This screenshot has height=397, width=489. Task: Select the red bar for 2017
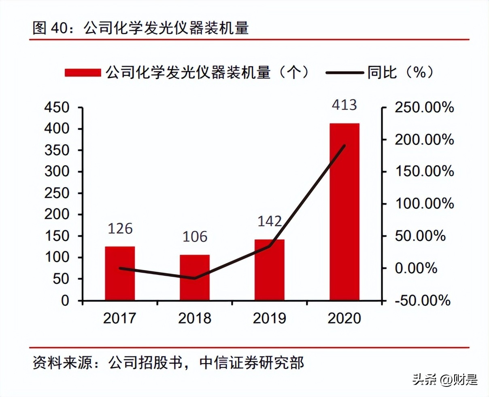120,273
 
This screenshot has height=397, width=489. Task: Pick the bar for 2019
270,270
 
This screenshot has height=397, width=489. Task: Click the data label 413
344,105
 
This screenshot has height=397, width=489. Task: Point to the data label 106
195,237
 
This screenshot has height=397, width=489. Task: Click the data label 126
120,228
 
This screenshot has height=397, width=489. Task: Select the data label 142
270,221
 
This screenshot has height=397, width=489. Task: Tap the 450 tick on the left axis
57,108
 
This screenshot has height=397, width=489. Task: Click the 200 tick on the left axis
57,214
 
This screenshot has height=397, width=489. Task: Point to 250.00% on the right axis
424,108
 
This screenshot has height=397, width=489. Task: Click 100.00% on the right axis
424,203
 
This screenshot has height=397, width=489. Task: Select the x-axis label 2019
270,318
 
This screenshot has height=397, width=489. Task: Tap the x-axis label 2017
120,318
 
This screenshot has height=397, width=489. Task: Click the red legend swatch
83,73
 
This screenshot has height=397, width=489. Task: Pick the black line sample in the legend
344,73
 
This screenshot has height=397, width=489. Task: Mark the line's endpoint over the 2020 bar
344,145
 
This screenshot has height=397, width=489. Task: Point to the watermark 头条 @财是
445,379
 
